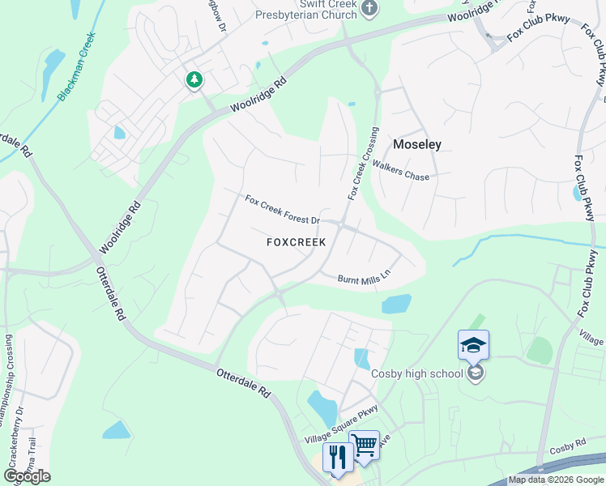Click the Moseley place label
tap(417, 145)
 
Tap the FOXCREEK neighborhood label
tap(296, 242)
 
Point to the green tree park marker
tap(194, 79)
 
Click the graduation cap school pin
tap(473, 346)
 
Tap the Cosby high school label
tap(416, 373)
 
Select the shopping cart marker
tap(364, 444)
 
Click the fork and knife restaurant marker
tap(337, 457)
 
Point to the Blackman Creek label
tap(76, 67)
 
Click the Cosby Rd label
tap(566, 447)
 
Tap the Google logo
tap(27, 475)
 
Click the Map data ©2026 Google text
tap(555, 480)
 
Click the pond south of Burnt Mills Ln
tap(396, 304)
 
